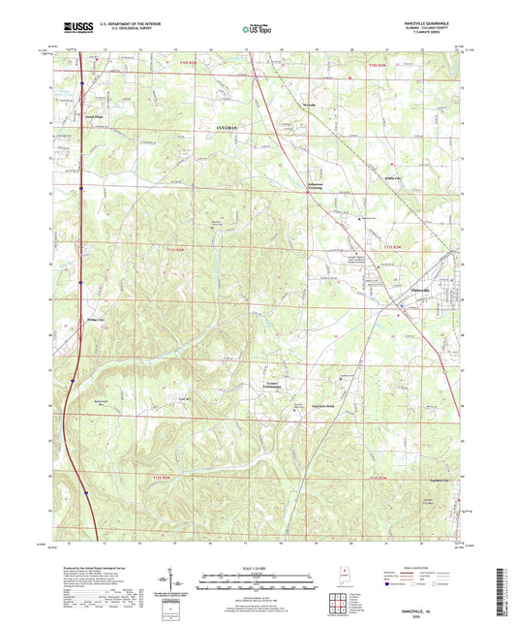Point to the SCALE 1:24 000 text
[258, 567]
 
